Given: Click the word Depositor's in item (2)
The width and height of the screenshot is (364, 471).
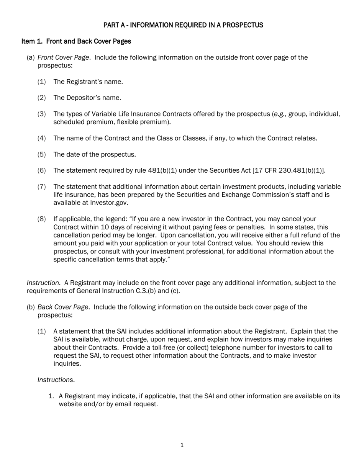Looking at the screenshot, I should pos(83,98).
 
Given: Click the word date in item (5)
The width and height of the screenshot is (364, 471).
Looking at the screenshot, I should pos(73,155).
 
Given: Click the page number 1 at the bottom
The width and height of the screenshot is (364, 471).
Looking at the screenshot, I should pos(182,445).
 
